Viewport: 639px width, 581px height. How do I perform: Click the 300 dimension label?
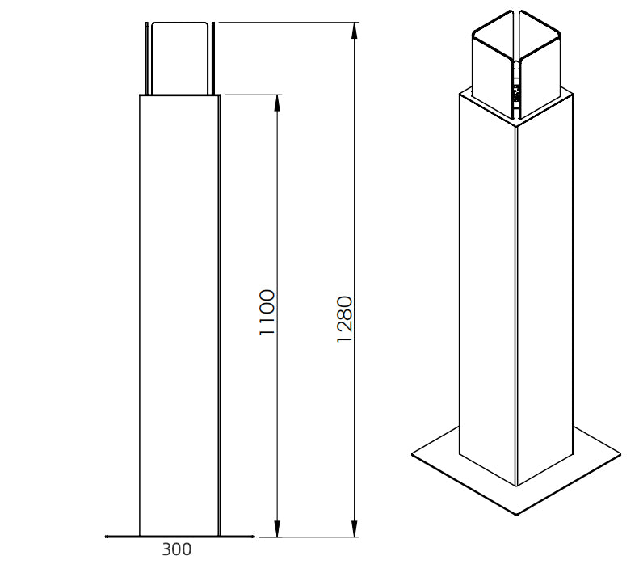tap(176, 549)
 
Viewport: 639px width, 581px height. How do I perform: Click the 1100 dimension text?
tap(267, 312)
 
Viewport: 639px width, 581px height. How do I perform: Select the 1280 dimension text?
tap(344, 319)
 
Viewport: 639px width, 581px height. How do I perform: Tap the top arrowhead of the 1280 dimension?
tap(355, 31)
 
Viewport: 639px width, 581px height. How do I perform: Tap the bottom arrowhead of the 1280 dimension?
tap(355, 528)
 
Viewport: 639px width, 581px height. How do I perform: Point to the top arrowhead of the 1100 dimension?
tap(278, 103)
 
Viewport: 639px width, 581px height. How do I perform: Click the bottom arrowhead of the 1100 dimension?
tap(278, 528)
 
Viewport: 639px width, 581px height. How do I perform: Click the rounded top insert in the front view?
tap(179, 59)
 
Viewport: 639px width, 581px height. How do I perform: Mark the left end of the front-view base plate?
tap(107, 537)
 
